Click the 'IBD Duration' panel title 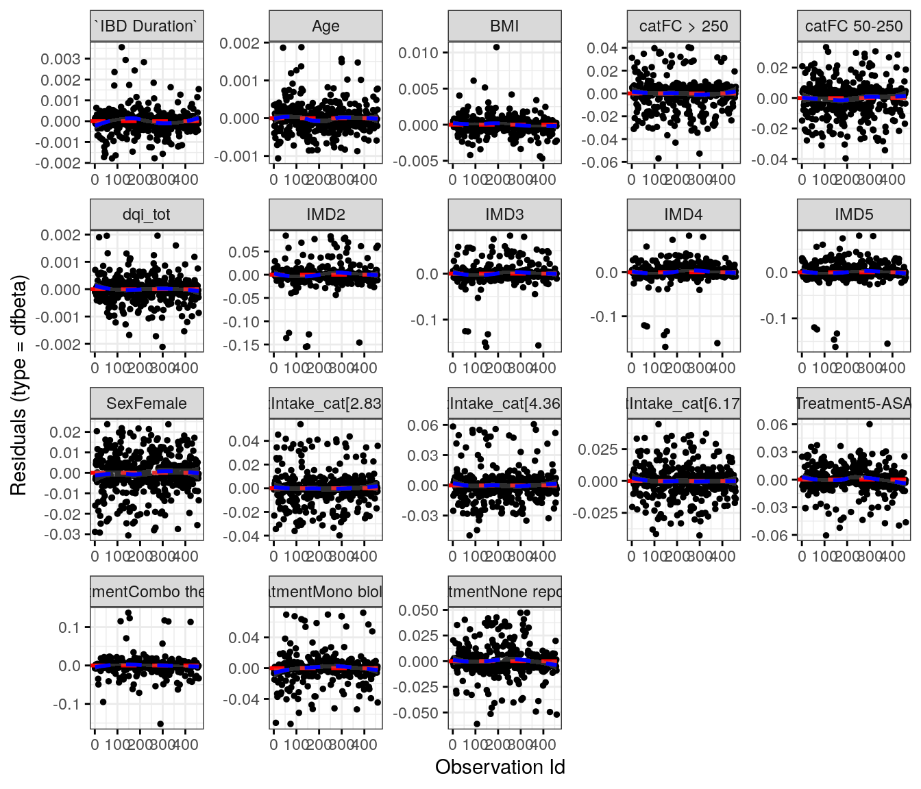pyautogui.click(x=147, y=26)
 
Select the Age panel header pyautogui.click(x=326, y=26)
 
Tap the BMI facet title pyautogui.click(x=504, y=26)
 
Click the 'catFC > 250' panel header pyautogui.click(x=683, y=26)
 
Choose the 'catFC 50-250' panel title pyautogui.click(x=854, y=26)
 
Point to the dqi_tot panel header pyautogui.click(x=147, y=214)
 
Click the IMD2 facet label pyautogui.click(x=326, y=214)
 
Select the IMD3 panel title pyautogui.click(x=504, y=214)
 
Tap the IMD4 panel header pyautogui.click(x=683, y=214)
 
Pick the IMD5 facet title pyautogui.click(x=854, y=214)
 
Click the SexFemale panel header pyautogui.click(x=147, y=403)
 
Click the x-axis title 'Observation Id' pyautogui.click(x=500, y=767)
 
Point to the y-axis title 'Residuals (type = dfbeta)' pyautogui.click(x=19, y=385)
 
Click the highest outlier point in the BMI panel pyautogui.click(x=496, y=47)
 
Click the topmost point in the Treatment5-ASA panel pyautogui.click(x=870, y=424)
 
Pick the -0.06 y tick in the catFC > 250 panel pyautogui.click(x=602, y=162)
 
